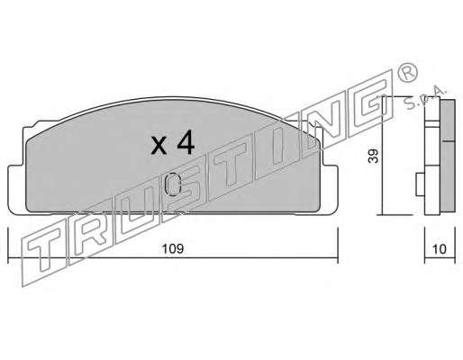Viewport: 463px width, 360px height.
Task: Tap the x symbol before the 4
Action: click(159, 146)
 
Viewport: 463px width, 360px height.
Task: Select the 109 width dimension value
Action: click(173, 249)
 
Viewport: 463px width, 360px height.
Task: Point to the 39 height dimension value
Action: click(374, 156)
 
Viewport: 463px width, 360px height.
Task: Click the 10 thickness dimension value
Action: click(440, 249)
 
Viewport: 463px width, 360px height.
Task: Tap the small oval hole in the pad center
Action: click(173, 184)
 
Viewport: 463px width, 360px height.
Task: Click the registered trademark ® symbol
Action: click(407, 73)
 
